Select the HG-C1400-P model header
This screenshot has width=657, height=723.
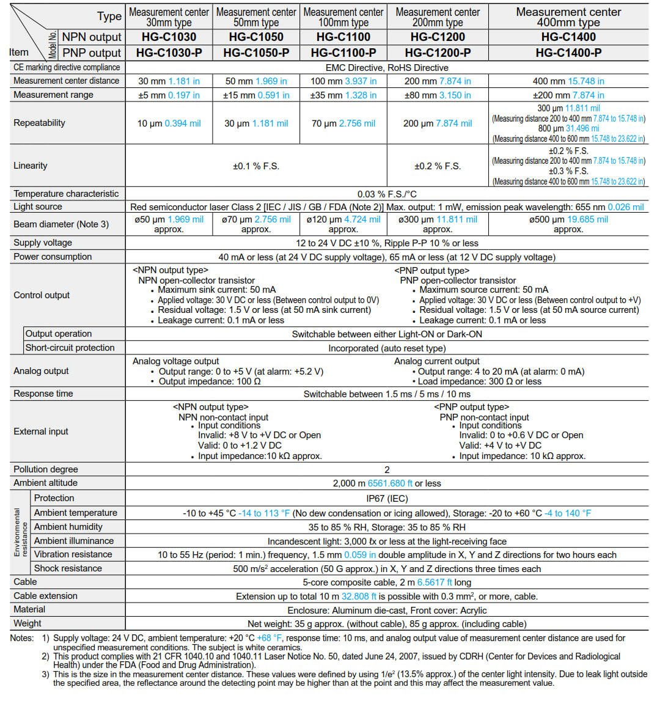pyautogui.click(x=568, y=53)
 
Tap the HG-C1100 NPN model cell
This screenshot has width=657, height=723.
pyautogui.click(x=343, y=37)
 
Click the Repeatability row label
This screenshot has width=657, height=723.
pyautogui.click(x=39, y=123)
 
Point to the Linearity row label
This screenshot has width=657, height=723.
pyautogui.click(x=31, y=166)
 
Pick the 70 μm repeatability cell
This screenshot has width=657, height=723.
pyautogui.click(x=343, y=123)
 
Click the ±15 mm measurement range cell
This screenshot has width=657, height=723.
pyautogui.click(x=256, y=95)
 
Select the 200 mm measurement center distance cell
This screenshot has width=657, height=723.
pyautogui.click(x=437, y=81)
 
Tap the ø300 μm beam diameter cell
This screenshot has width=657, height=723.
pyautogui.click(x=437, y=224)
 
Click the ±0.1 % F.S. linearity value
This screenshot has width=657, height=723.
pyautogui.click(x=255, y=166)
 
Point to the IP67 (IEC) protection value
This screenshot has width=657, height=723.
pyautogui.click(x=387, y=499)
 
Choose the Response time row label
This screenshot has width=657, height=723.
pyautogui.click(x=43, y=394)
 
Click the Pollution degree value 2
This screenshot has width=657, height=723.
pyautogui.click(x=387, y=470)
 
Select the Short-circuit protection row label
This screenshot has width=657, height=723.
pyautogui.click(x=70, y=348)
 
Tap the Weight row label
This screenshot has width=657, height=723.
pyautogui.click(x=28, y=623)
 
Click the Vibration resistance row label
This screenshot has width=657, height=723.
pyautogui.click(x=73, y=554)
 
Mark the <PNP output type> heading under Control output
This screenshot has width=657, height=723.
pyautogui.click(x=431, y=271)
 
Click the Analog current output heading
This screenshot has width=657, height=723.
pyautogui.click(x=436, y=361)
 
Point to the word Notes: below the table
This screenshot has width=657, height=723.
pyautogui.click(x=22, y=638)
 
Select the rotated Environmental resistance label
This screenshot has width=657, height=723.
pyautogui.click(x=21, y=533)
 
